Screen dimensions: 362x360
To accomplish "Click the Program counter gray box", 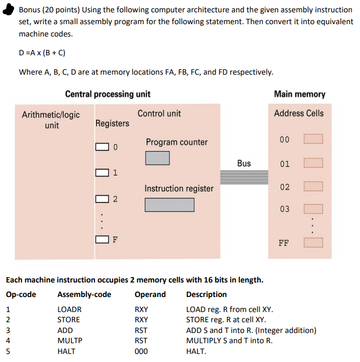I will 157,157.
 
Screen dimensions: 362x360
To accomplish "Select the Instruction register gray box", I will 169,205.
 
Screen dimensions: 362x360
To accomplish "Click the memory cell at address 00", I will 313,139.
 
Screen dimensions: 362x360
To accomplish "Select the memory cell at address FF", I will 313,242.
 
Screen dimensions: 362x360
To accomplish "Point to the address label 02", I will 285,187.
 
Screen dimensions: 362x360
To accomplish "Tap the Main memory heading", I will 299,94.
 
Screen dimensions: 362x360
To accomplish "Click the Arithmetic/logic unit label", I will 51,120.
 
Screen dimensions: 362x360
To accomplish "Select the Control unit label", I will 159,113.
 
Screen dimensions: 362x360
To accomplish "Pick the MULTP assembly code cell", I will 70,341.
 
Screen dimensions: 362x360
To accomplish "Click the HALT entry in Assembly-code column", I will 67,351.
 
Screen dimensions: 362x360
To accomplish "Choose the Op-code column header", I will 21,294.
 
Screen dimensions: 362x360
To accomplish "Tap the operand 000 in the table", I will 141,351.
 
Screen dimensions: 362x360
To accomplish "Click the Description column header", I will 206,294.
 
